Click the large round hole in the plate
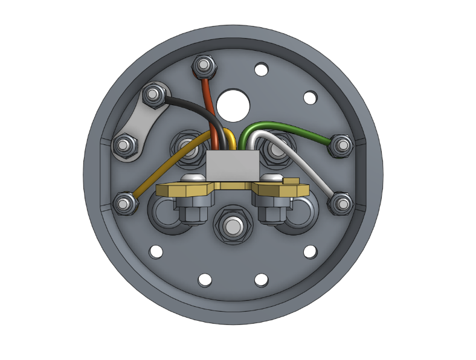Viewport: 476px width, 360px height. [x=234, y=104]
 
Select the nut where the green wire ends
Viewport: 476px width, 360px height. [x=342, y=145]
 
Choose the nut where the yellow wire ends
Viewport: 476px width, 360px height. [x=125, y=203]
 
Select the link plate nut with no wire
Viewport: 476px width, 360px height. [x=125, y=145]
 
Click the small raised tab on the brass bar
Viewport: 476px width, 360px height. [x=291, y=181]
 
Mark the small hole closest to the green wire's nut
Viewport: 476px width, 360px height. [x=310, y=97]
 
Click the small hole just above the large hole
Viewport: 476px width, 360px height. [x=261, y=69]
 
